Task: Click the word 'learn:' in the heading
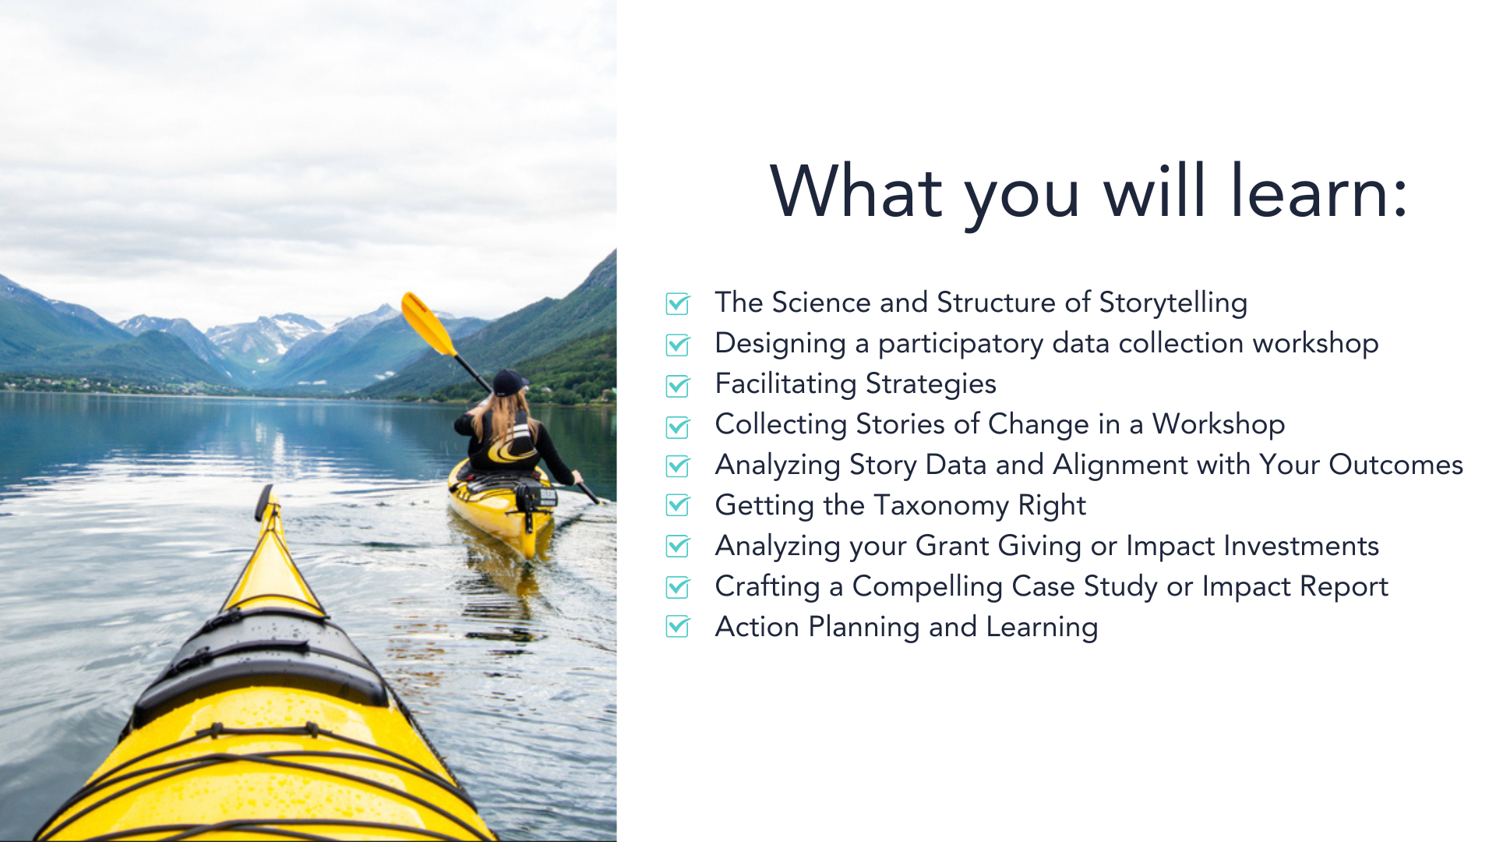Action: (1319, 193)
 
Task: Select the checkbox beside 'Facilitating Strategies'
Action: (678, 385)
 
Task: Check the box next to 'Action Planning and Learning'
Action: (678, 628)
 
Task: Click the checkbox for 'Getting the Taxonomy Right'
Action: (678, 506)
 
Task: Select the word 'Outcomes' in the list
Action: (1395, 465)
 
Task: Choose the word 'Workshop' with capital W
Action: (1218, 424)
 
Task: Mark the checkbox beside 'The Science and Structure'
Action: (678, 304)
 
